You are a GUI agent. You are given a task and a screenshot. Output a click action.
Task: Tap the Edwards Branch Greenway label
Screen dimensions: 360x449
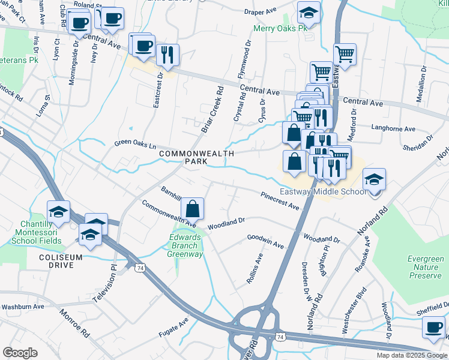click(x=185, y=245)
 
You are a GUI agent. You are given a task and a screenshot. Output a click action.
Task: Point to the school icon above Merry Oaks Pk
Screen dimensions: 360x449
click(x=309, y=13)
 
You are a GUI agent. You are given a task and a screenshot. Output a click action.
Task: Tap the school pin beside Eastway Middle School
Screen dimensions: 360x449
click(x=374, y=179)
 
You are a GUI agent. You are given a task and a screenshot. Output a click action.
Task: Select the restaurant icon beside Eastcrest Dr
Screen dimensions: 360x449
click(x=167, y=55)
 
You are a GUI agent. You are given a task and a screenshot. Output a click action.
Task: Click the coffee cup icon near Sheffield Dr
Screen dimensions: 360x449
click(x=433, y=328)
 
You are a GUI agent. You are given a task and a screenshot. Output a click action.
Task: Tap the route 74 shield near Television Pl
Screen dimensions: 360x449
click(x=139, y=267)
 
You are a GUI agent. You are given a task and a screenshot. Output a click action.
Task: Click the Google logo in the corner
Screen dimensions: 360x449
click(x=20, y=352)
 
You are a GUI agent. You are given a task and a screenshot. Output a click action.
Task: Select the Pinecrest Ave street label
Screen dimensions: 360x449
click(x=280, y=201)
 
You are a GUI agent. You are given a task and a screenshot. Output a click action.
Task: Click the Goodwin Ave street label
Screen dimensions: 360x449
click(x=265, y=241)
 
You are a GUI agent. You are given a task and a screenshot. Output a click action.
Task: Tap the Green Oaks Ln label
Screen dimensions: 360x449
click(x=136, y=145)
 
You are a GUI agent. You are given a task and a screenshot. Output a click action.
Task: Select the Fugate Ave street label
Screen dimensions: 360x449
click(x=173, y=325)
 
